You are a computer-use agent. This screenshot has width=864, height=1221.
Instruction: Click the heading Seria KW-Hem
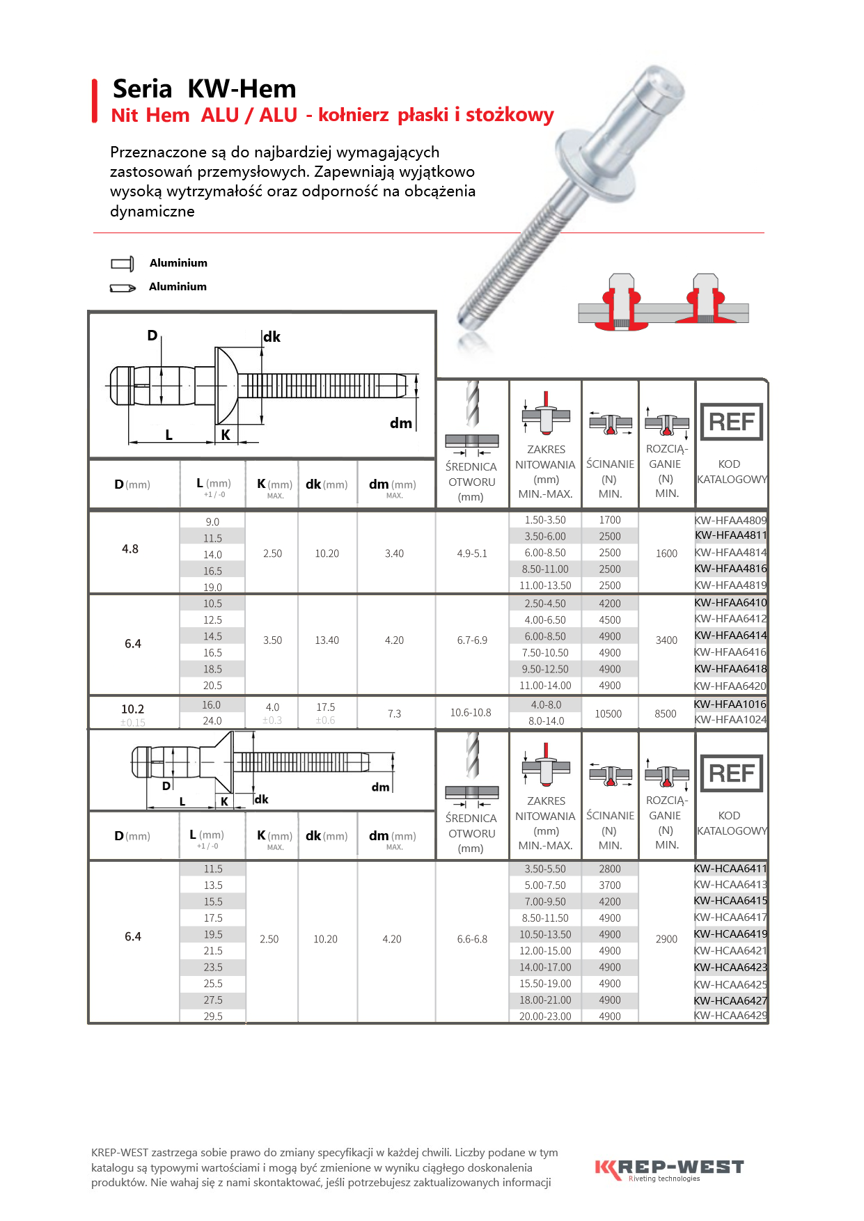pyautogui.click(x=204, y=89)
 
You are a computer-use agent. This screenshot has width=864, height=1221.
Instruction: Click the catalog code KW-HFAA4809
pyautogui.click(x=730, y=520)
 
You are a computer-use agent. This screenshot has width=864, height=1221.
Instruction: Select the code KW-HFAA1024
pyautogui.click(x=730, y=720)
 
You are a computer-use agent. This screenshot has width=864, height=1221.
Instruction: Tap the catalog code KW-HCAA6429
pyautogui.click(x=730, y=1016)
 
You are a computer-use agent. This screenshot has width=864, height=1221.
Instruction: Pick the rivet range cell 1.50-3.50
pyautogui.click(x=545, y=520)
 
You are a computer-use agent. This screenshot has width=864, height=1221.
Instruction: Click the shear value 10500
pyautogui.click(x=608, y=714)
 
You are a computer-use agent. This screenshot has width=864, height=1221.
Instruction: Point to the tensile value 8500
pyautogui.click(x=666, y=714)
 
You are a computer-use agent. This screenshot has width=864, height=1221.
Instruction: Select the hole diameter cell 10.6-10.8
pyautogui.click(x=471, y=713)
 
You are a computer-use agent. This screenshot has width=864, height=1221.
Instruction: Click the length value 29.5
pyautogui.click(x=213, y=1016)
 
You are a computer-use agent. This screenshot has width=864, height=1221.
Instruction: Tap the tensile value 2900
pyautogui.click(x=666, y=939)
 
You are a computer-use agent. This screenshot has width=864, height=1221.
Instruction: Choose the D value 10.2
pyautogui.click(x=132, y=709)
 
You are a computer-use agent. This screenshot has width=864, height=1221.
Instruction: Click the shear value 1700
pyautogui.click(x=610, y=520)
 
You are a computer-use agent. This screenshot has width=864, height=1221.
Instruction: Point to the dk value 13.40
pyautogui.click(x=327, y=640)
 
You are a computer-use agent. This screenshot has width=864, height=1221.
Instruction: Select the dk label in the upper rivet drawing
pyautogui.click(x=272, y=337)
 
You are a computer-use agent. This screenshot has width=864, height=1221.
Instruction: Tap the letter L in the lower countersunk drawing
pyautogui.click(x=182, y=801)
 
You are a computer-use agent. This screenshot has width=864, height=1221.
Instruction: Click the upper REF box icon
pyautogui.click(x=731, y=422)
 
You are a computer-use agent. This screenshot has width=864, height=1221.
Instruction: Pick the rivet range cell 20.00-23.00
pyautogui.click(x=545, y=1016)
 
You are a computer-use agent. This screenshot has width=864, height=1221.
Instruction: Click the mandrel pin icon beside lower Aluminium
pyautogui.click(x=123, y=287)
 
